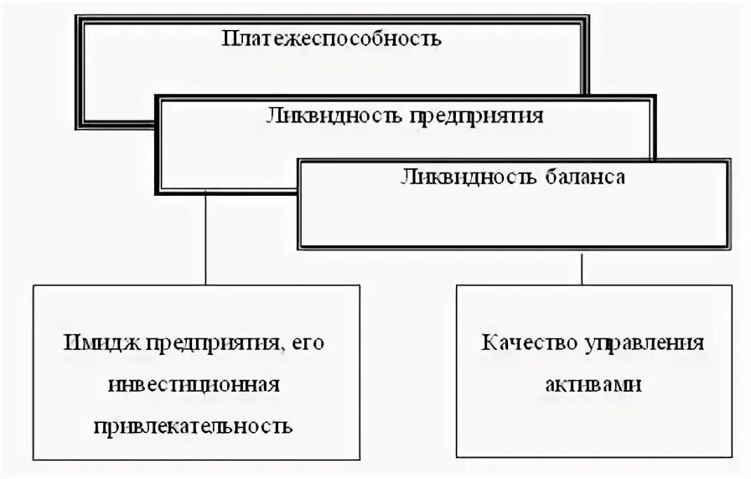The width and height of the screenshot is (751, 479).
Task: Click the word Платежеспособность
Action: [331, 39]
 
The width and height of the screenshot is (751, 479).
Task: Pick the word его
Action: [310, 344]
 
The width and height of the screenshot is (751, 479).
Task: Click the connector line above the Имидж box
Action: [206, 243]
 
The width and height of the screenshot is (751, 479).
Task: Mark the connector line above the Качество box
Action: [582, 267]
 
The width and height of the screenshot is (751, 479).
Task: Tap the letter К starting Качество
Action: [488, 343]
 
